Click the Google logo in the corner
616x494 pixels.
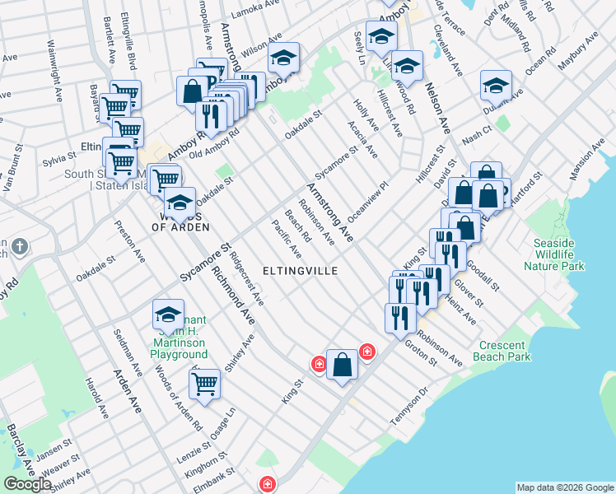[27, 484]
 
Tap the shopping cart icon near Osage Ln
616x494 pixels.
[204, 383]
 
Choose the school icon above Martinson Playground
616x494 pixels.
[168, 315]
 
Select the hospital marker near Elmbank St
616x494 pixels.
[267, 485]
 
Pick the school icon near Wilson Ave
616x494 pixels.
[283, 58]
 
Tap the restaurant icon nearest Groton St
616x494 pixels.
[400, 317]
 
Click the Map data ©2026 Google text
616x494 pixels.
[564, 487]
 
